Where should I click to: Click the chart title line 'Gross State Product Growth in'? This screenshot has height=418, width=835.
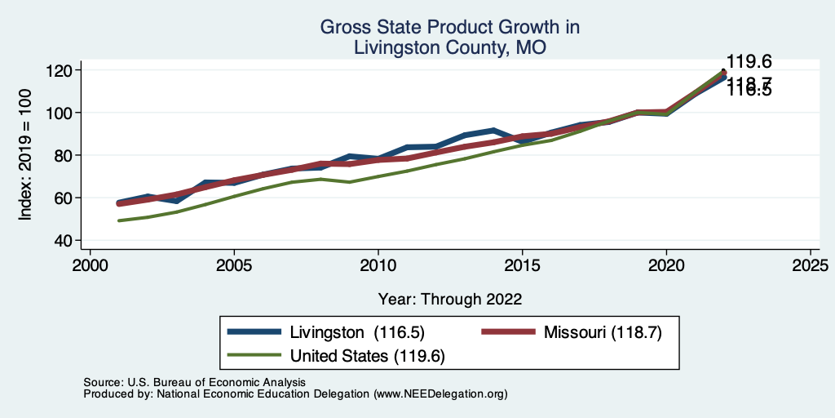pyautogui.click(x=449, y=27)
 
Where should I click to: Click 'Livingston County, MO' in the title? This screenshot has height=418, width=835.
pyautogui.click(x=449, y=48)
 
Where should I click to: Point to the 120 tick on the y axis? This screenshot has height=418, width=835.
pyautogui.click(x=58, y=70)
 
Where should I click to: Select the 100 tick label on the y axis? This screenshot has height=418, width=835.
pyautogui.click(x=58, y=113)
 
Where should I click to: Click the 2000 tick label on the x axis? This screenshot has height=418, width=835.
pyautogui.click(x=90, y=265)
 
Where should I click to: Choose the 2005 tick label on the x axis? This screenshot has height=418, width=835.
pyautogui.click(x=234, y=265)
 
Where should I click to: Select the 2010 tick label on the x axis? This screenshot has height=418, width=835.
pyautogui.click(x=378, y=265)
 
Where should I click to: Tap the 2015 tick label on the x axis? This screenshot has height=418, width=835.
pyautogui.click(x=522, y=265)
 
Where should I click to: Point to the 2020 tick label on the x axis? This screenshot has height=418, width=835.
pyautogui.click(x=666, y=265)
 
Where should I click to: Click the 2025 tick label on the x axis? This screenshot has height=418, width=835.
pyautogui.click(x=811, y=265)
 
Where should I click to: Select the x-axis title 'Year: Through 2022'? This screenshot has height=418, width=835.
pyautogui.click(x=449, y=299)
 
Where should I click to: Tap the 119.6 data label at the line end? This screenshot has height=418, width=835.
pyautogui.click(x=749, y=62)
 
